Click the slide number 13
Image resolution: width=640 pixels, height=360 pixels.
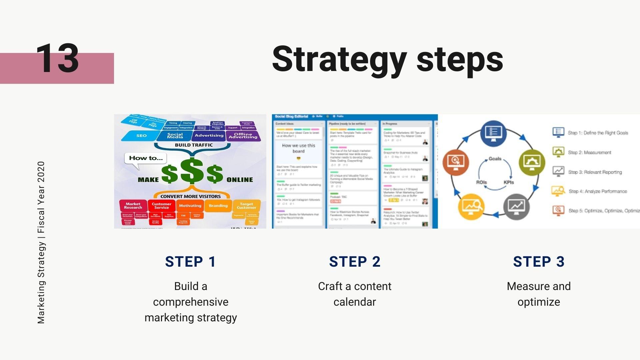[57, 59]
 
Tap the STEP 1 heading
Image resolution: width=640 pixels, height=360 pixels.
[190, 262]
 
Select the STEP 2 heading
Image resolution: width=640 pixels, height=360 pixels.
[355, 262]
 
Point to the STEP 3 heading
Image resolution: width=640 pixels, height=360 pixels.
[539, 262]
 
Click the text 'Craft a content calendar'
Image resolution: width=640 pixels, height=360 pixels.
[355, 294]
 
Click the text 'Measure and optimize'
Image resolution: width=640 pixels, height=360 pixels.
[539, 294]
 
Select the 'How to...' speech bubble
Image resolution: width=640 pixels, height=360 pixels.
[146, 158]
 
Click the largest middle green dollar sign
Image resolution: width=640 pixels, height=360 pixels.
[192, 171]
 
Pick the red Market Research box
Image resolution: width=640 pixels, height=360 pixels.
[133, 206]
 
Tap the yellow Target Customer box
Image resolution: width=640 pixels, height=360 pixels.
[246, 206]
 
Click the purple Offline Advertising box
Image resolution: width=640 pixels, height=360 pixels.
[243, 136]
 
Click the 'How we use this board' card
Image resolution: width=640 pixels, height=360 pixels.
[298, 149]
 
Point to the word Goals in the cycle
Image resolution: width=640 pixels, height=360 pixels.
[495, 159]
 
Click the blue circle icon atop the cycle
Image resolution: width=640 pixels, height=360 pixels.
[494, 133]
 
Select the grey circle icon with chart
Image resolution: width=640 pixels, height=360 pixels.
[516, 206]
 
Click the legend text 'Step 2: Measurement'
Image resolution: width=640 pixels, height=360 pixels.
[589, 153]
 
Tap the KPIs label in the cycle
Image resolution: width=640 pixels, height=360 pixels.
[509, 182]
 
